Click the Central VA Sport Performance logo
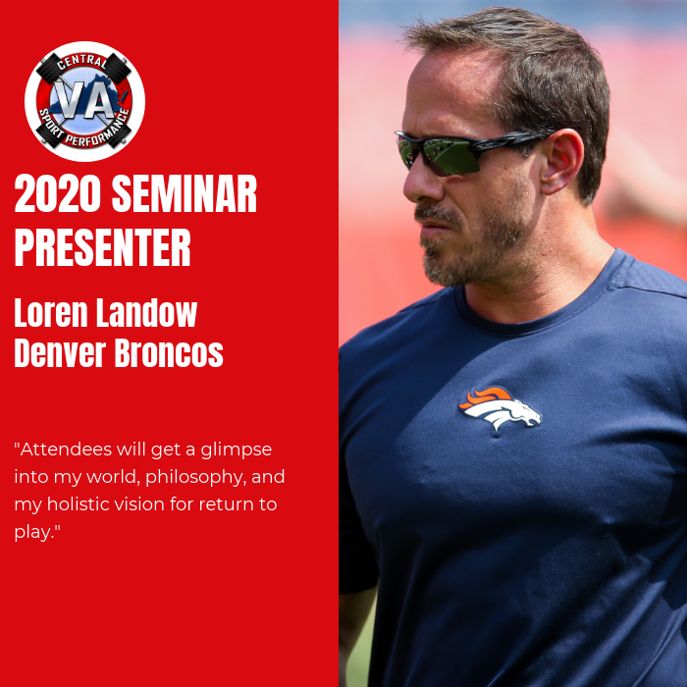click(84, 101)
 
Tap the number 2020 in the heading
click(58, 193)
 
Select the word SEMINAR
click(185, 193)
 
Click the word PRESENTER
click(102, 246)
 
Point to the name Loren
click(51, 312)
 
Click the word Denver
click(60, 352)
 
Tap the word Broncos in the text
click(169, 352)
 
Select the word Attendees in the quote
click(66, 449)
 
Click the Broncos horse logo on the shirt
click(500, 407)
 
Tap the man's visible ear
click(560, 161)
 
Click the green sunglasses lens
click(451, 155)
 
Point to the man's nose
click(420, 182)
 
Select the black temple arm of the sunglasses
click(513, 141)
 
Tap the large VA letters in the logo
click(84, 100)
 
